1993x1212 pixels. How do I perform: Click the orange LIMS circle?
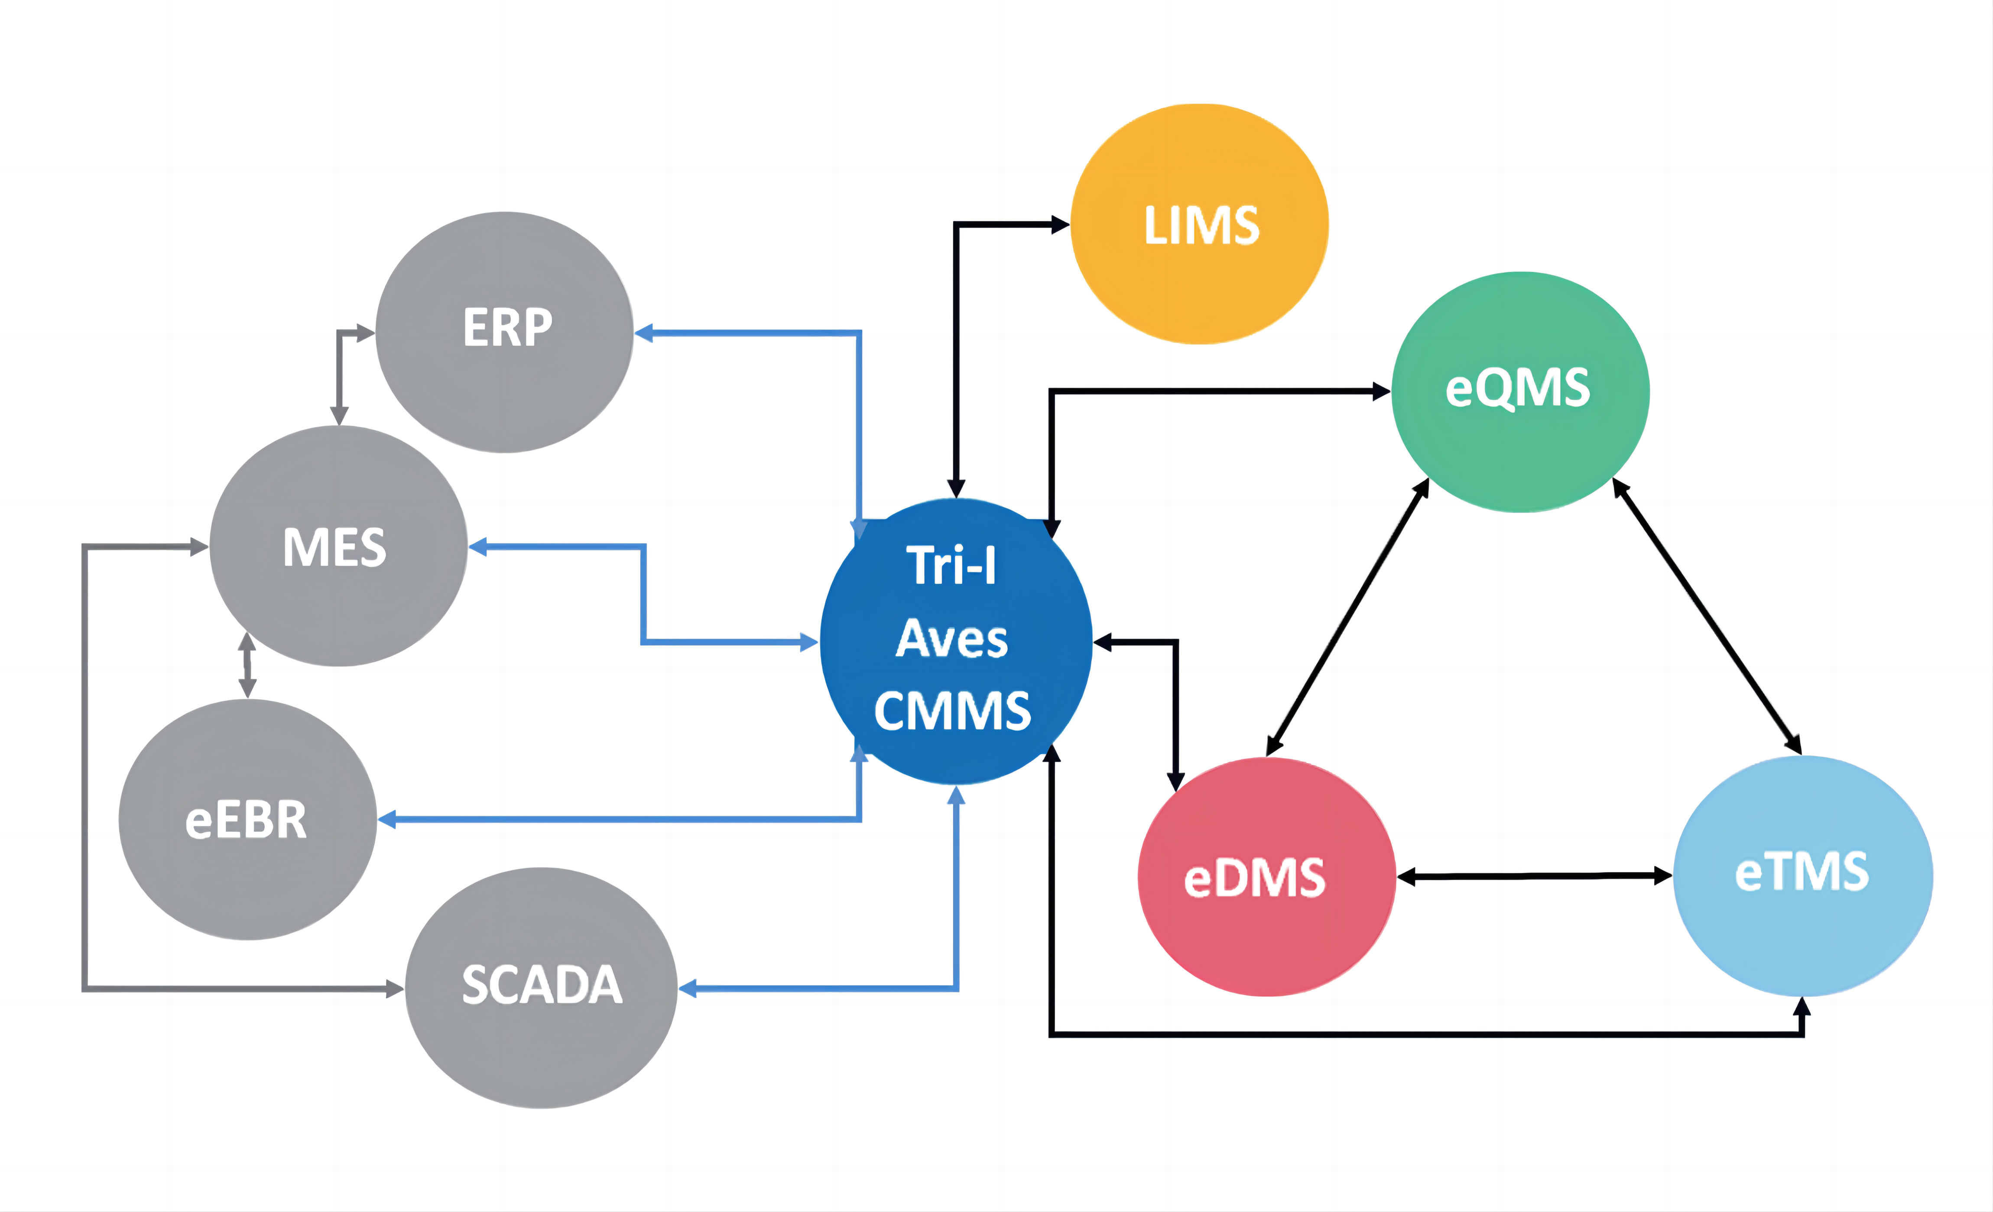point(1200,224)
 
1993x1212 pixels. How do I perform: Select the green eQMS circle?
point(1521,391)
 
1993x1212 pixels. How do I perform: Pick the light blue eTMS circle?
point(1803,876)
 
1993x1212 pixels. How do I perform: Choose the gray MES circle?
point(338,546)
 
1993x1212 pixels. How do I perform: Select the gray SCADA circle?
point(541,988)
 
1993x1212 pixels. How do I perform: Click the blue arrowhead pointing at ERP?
point(644,332)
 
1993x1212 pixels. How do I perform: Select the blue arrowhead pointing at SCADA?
point(688,988)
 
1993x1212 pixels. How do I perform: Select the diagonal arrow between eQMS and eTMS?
point(1707,616)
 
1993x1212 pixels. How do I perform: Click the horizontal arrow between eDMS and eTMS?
point(1534,876)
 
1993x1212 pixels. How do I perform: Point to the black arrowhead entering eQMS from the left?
point(1382,391)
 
